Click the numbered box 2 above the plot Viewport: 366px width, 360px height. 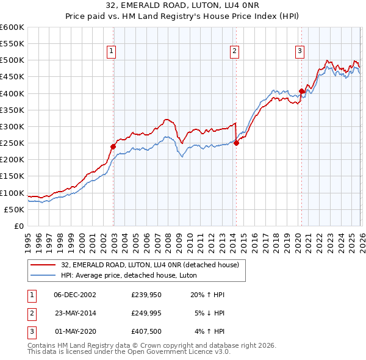[235, 52]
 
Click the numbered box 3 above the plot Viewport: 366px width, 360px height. [300, 52]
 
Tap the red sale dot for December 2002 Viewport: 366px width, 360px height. [113, 146]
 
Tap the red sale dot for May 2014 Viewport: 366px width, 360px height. [236, 143]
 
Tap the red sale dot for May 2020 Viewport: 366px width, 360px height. [301, 91]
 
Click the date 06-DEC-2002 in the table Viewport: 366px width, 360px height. [75, 295]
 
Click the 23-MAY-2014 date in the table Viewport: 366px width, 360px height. [75, 313]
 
